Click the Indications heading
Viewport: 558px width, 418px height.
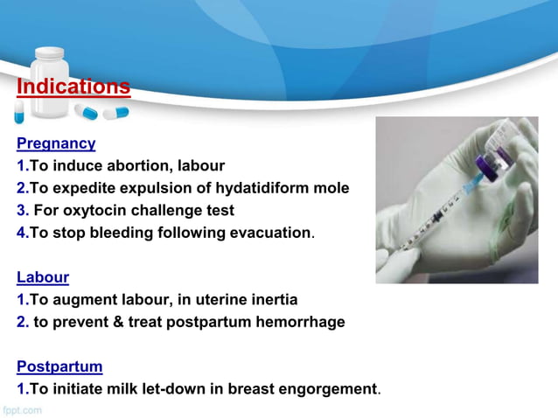tap(73, 87)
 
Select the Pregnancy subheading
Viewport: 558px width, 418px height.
tap(56, 143)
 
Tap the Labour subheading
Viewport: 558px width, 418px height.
tap(43, 277)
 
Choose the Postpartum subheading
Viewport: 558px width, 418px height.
tap(59, 366)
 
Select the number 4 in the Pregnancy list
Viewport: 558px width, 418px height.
tap(21, 233)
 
